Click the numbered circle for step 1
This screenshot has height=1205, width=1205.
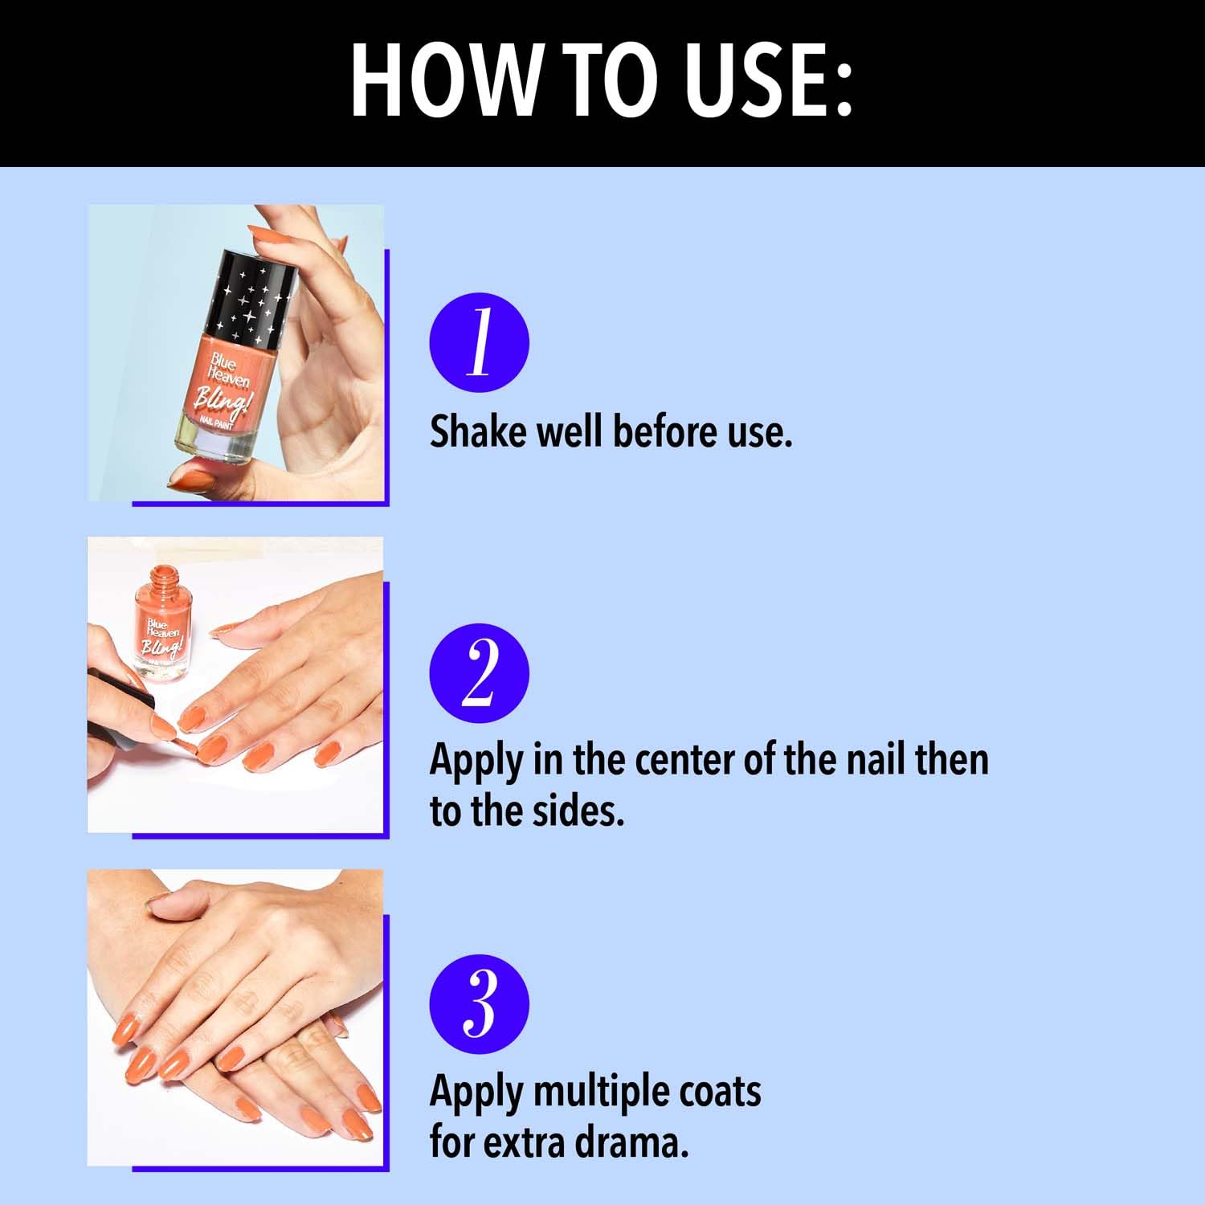tap(480, 342)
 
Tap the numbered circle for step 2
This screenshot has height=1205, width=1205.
tap(480, 673)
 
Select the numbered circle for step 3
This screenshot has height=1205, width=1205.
tap(480, 1004)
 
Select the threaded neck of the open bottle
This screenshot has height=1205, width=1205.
tap(165, 578)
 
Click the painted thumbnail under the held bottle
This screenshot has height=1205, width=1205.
tap(191, 480)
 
